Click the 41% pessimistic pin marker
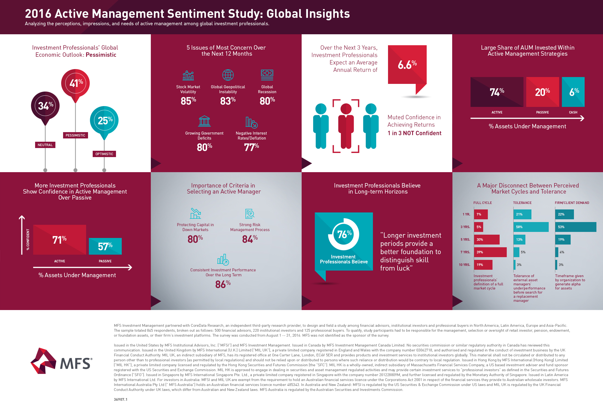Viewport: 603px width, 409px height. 75,83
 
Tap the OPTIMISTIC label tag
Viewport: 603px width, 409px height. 104,154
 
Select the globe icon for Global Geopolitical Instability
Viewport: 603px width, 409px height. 228,75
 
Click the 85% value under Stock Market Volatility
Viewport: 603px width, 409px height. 188,101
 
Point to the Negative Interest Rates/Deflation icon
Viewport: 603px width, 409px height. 251,122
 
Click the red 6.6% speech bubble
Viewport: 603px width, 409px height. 407,65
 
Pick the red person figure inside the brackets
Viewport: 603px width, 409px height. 346,126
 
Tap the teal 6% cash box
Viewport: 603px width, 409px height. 573,92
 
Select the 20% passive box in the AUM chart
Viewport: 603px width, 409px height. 542,92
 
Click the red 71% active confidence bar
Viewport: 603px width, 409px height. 60,240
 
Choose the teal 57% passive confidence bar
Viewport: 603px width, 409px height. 105,246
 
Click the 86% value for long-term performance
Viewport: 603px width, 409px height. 223,284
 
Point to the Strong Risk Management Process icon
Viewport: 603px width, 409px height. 250,214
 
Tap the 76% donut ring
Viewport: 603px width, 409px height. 344,234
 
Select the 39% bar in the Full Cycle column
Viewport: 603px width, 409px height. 490,252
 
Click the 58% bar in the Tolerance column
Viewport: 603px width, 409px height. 531,227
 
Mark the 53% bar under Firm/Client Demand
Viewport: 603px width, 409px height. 575,227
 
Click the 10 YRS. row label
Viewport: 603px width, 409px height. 465,265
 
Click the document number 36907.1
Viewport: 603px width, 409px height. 121,399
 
